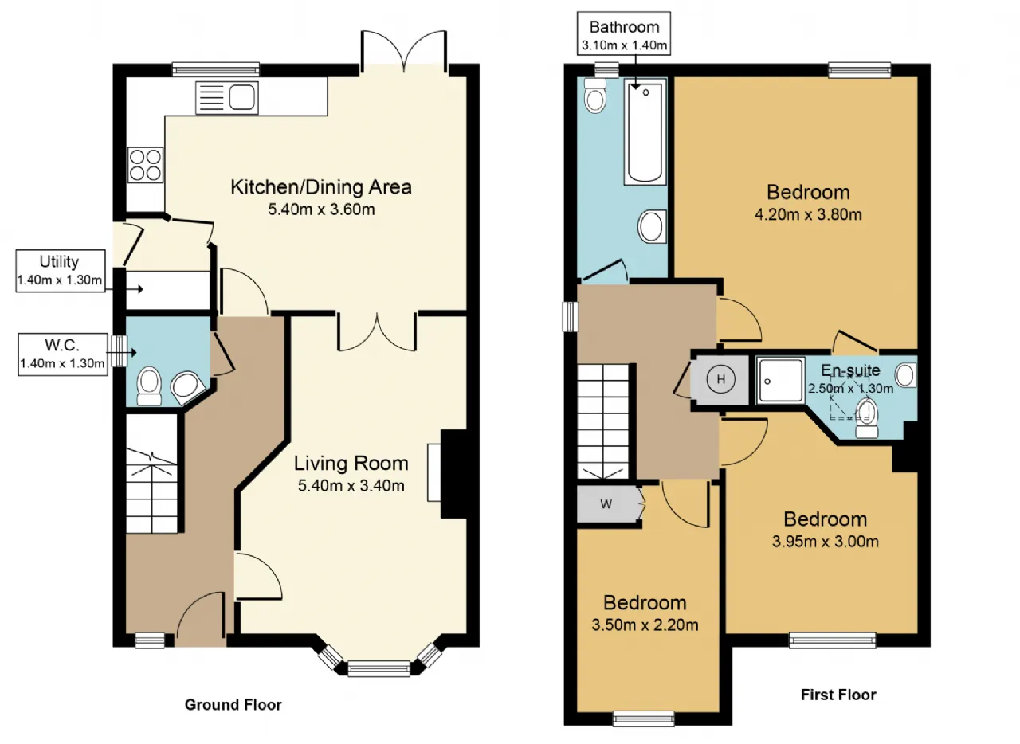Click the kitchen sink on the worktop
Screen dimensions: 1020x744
pyautogui.click(x=227, y=97)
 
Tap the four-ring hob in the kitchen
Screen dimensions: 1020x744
pyautogui.click(x=145, y=165)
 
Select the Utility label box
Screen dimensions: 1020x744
pyautogui.click(x=61, y=271)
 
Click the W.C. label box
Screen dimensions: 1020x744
pyautogui.click(x=63, y=354)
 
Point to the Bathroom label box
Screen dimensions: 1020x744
pyautogui.click(x=624, y=33)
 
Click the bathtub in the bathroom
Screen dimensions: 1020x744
pyautogui.click(x=645, y=131)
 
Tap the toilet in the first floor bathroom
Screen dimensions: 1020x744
pyautogui.click(x=595, y=96)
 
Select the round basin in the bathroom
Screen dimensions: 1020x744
pyautogui.click(x=652, y=226)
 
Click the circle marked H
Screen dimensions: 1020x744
pyautogui.click(x=721, y=379)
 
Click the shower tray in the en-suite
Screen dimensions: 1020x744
pyautogui.click(x=780, y=381)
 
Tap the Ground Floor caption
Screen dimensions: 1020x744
pyautogui.click(x=233, y=705)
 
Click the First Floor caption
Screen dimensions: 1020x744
pyautogui.click(x=838, y=695)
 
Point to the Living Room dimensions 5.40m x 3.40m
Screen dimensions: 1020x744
pyautogui.click(x=351, y=486)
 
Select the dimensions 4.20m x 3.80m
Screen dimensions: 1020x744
pyautogui.click(x=808, y=214)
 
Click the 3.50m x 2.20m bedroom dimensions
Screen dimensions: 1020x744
pyautogui.click(x=645, y=625)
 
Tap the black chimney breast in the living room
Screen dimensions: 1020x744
pyautogui.click(x=454, y=473)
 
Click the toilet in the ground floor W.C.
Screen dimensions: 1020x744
pyautogui.click(x=149, y=386)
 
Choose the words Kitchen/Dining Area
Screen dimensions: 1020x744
pyautogui.click(x=321, y=187)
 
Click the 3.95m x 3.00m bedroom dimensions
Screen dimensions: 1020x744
pyautogui.click(x=825, y=542)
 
